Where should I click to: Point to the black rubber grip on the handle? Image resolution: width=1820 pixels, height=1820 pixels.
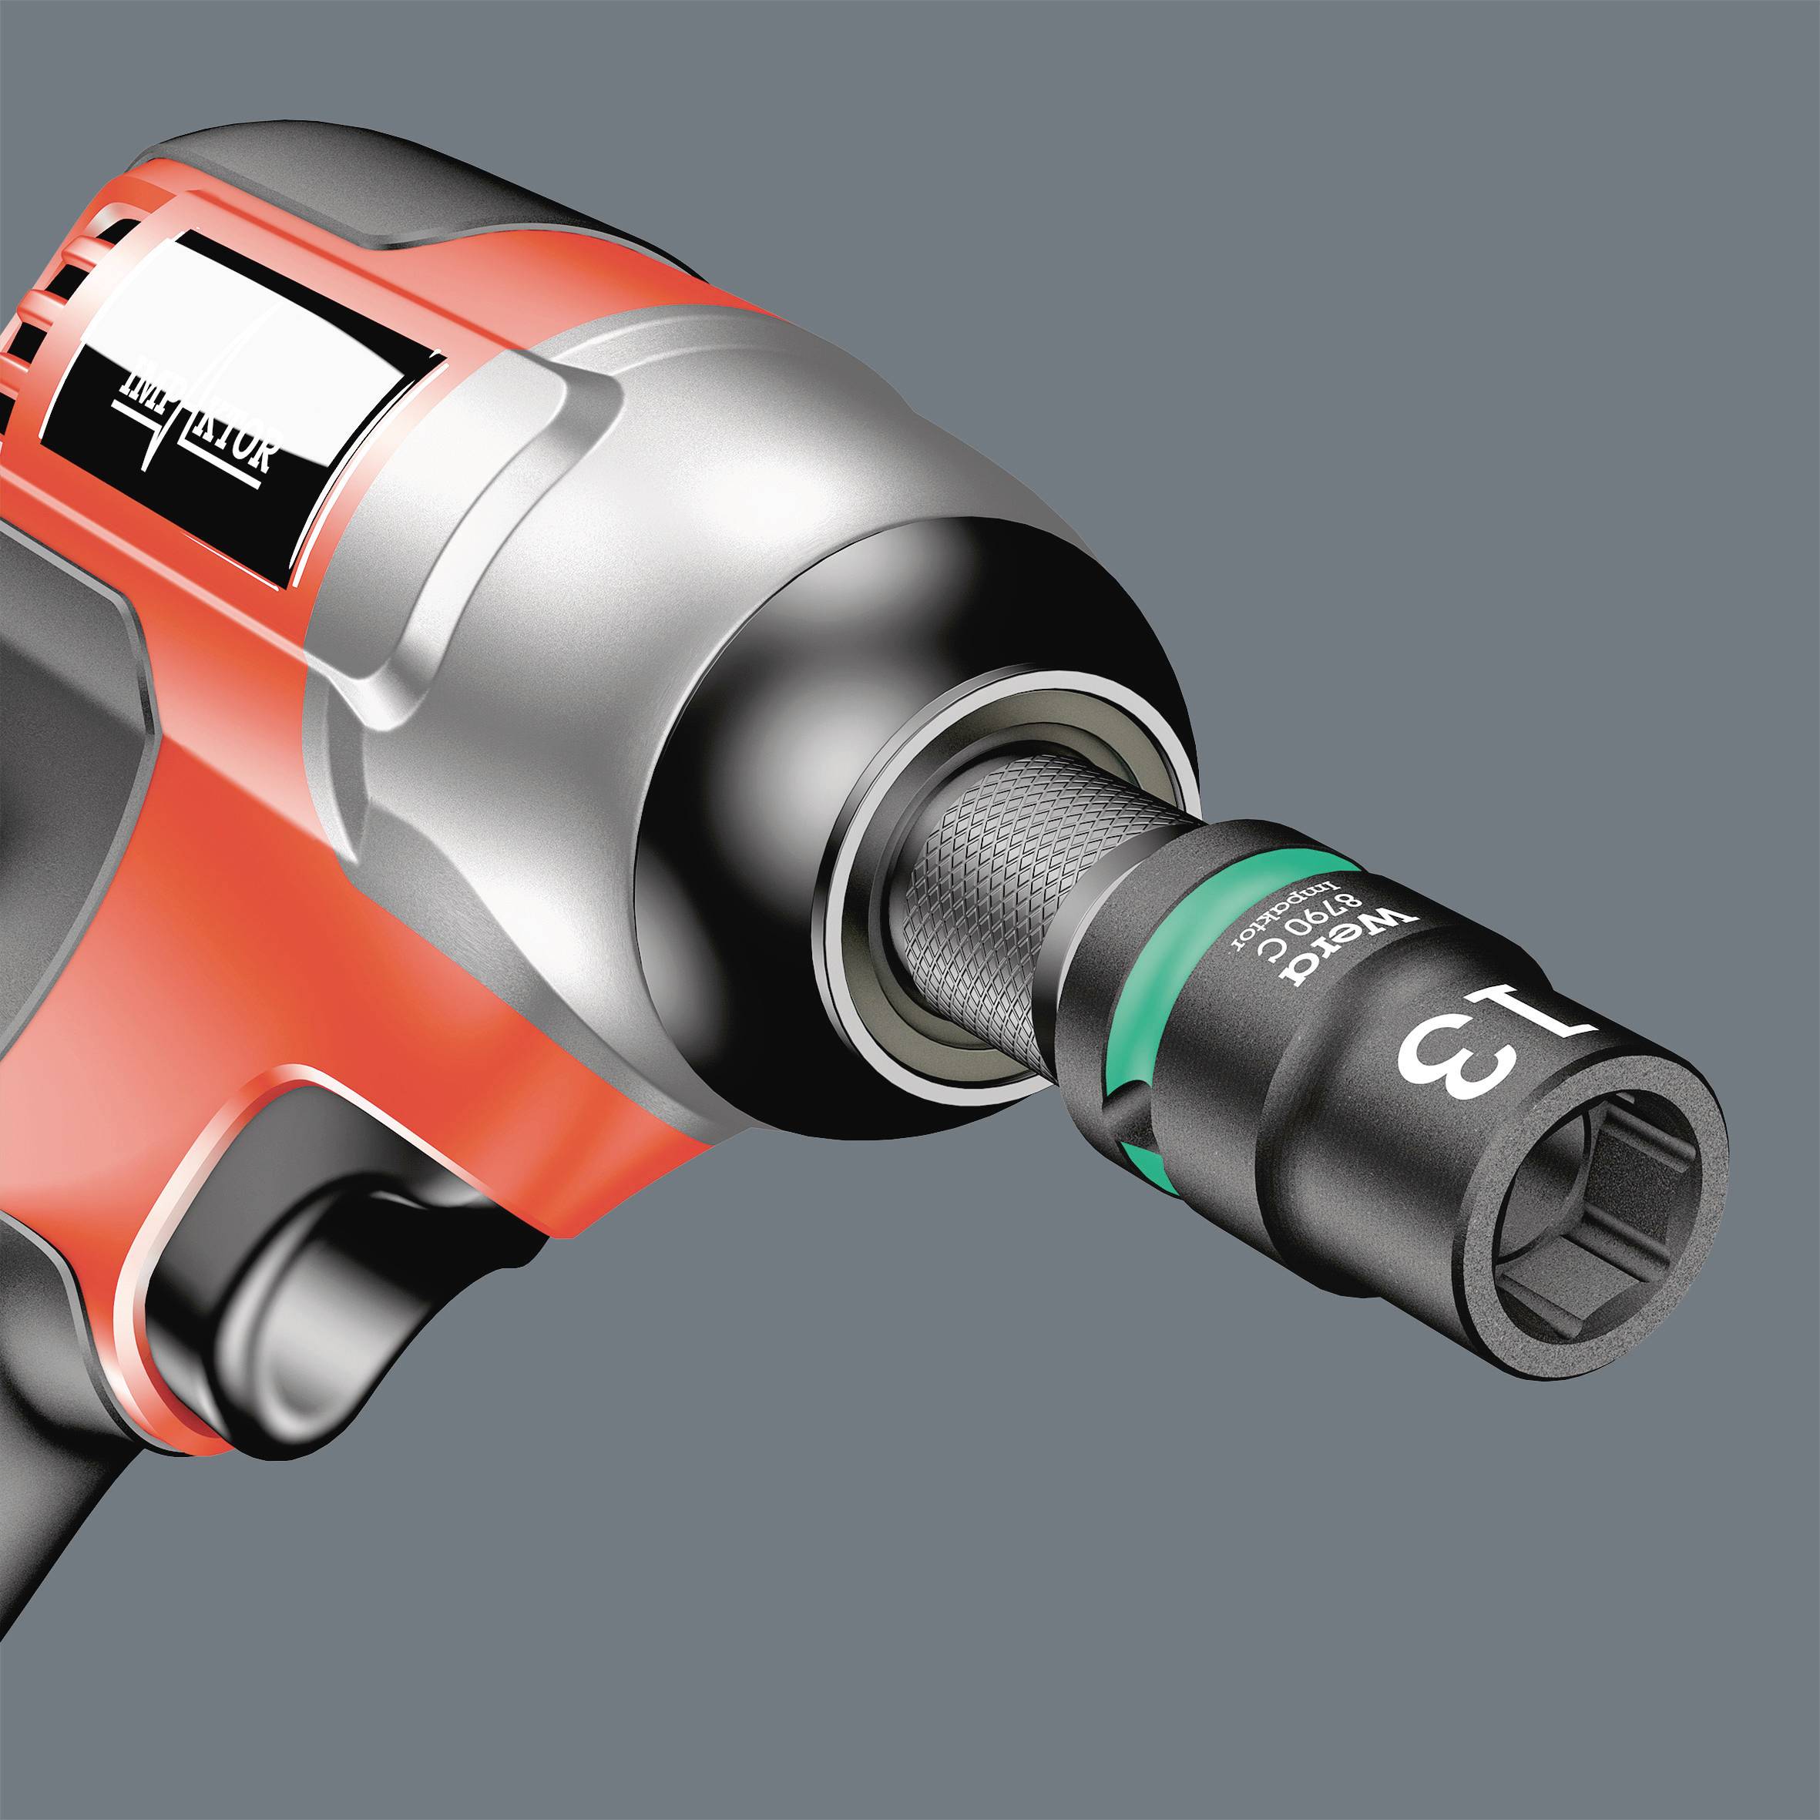[x=56, y=754]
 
